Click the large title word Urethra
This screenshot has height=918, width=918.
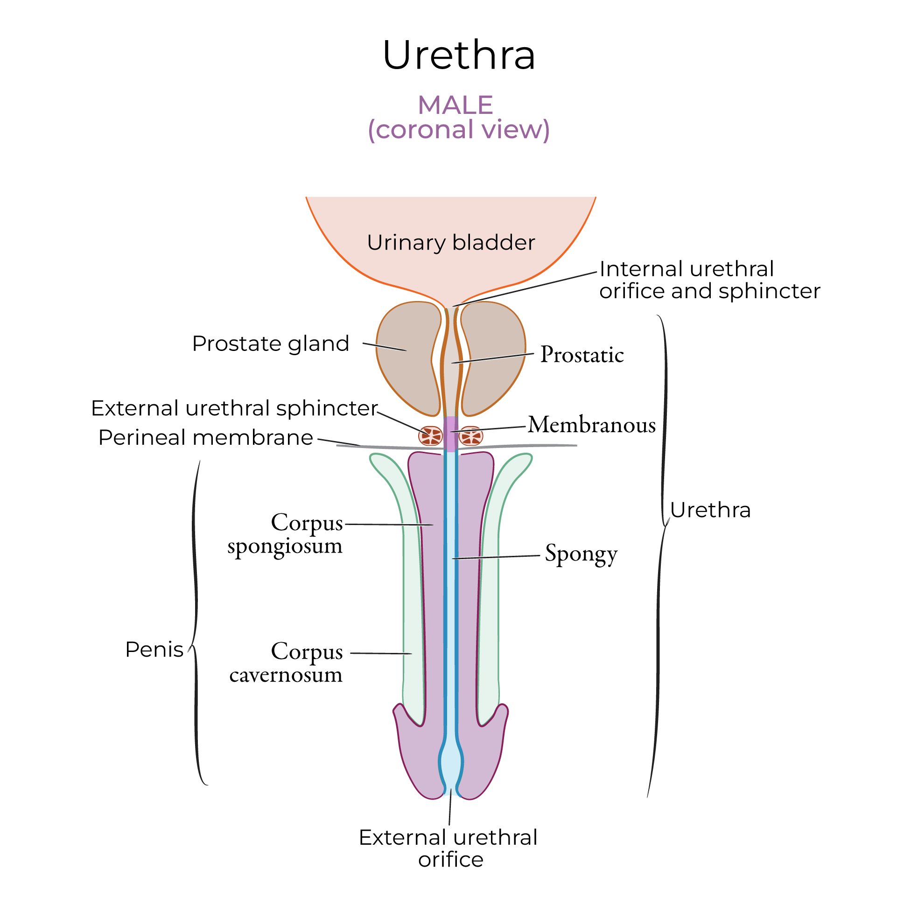pos(459,55)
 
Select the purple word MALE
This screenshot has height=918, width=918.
pos(455,105)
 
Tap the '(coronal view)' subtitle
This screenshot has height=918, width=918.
pos(459,130)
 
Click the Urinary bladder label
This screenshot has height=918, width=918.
pos(451,243)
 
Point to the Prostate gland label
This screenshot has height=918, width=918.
pos(270,343)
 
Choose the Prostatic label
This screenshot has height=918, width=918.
pos(582,355)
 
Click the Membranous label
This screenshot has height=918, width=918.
pos(592,425)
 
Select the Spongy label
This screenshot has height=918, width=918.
pos(581,554)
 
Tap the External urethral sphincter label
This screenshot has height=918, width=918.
pos(234,408)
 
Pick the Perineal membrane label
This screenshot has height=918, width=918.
pos(206,438)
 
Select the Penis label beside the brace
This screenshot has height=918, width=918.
pos(154,650)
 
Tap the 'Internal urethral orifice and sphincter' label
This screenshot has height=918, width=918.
pos(709,280)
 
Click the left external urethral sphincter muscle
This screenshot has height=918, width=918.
pos(430,436)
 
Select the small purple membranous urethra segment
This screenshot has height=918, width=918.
pos(450,432)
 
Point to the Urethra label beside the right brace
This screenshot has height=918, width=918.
pos(710,510)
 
